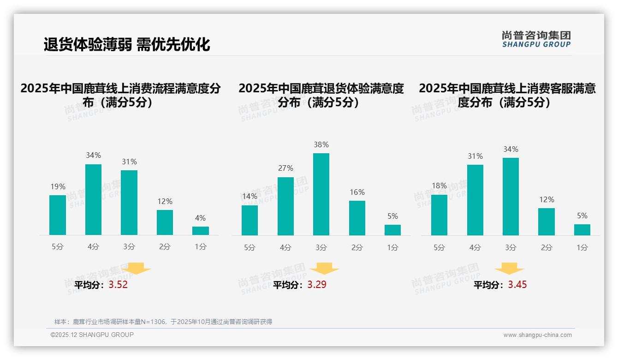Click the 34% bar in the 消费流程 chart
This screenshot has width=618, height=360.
(x=93, y=199)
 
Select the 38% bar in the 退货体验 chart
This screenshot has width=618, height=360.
(x=321, y=194)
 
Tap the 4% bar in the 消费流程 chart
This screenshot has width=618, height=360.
(x=200, y=231)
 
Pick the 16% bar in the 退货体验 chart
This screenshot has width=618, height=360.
(x=357, y=218)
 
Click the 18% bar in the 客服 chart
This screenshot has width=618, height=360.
(x=439, y=215)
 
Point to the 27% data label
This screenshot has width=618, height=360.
(x=285, y=168)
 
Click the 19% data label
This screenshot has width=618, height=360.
(x=58, y=186)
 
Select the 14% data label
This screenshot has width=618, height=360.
(x=250, y=197)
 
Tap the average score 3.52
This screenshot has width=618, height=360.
(x=118, y=285)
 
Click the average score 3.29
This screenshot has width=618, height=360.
(x=317, y=285)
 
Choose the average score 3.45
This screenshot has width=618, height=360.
(x=517, y=285)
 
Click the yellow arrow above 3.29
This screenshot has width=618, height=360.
(x=324, y=269)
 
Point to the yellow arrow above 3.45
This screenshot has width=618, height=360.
(x=509, y=269)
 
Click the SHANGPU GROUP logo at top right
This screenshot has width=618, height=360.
(x=536, y=39)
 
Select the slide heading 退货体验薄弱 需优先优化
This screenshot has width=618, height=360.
(x=127, y=44)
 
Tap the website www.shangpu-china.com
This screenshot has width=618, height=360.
(x=537, y=335)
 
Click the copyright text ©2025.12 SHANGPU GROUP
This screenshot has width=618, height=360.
(x=92, y=335)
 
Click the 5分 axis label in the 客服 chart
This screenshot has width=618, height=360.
(x=439, y=248)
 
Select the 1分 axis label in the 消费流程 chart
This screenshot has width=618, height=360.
(x=200, y=247)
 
